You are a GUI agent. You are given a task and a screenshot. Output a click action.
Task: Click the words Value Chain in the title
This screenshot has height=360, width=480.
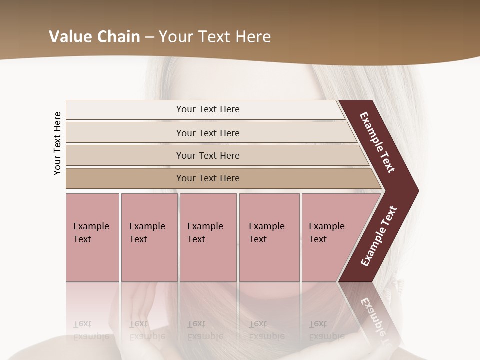tap(94, 37)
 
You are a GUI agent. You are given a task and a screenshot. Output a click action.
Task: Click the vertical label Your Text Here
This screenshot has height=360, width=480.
tap(57, 143)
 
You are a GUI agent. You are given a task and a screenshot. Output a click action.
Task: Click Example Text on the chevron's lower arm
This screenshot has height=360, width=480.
tap(379, 236)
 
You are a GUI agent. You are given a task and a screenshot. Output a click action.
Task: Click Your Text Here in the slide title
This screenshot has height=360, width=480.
tap(215, 37)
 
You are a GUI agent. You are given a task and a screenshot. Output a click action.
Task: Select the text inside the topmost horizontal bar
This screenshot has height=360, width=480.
tap(208, 109)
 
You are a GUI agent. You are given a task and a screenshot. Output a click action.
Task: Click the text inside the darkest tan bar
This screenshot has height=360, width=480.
tap(208, 178)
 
